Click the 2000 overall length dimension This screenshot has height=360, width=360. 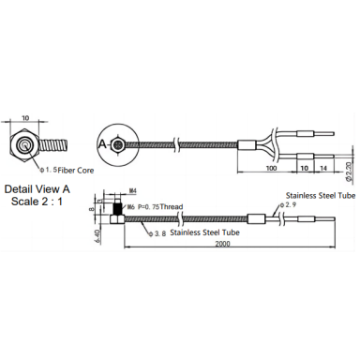[222, 244]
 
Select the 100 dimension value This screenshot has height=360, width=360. [271, 168]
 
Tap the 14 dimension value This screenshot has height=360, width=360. [323, 168]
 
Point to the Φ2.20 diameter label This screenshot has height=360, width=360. [350, 172]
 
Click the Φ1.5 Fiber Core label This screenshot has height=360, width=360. [67, 171]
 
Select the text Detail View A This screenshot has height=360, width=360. [37, 189]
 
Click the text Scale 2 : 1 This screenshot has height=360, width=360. [37, 202]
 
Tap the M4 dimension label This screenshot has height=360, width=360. [133, 190]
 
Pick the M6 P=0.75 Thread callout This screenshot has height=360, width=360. [155, 207]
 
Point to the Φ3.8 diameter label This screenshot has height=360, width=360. [157, 233]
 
